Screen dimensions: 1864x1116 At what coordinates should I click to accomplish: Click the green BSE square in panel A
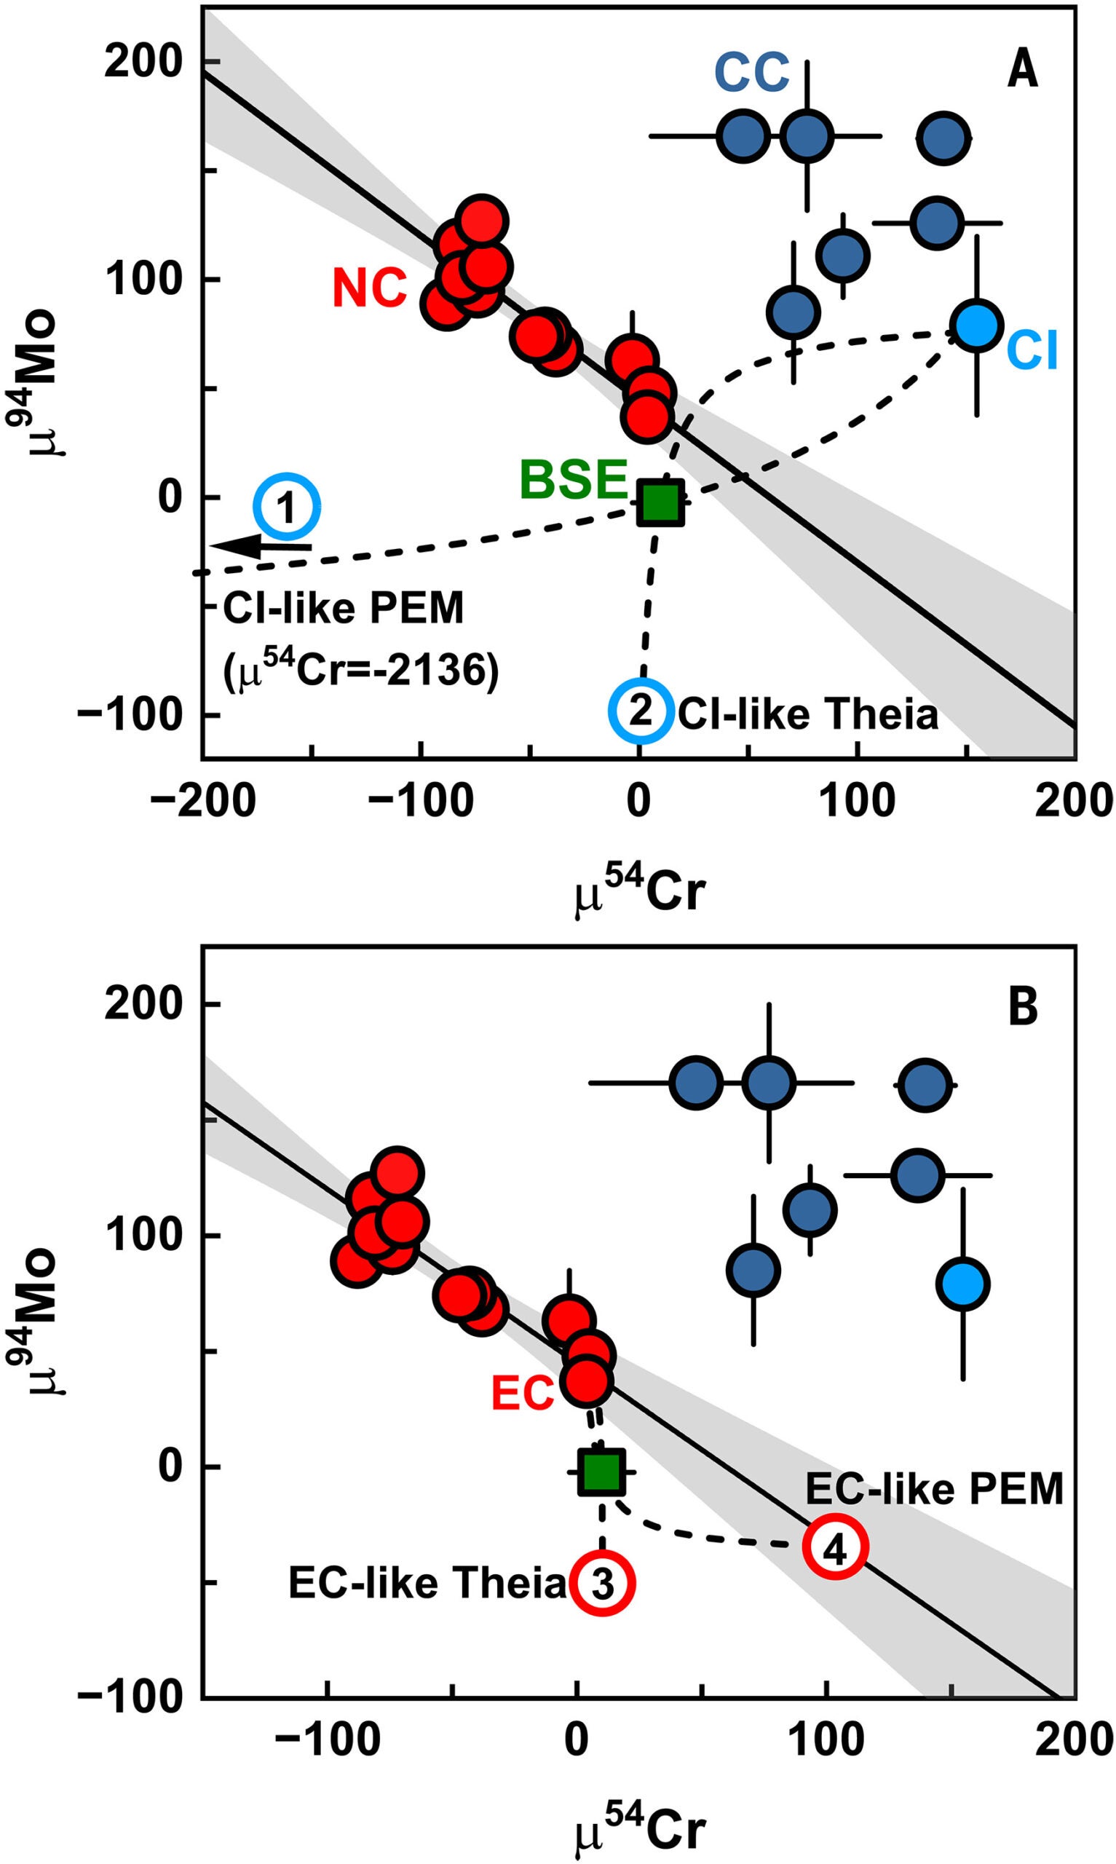click(661, 502)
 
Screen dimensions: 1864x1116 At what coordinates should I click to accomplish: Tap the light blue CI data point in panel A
click(976, 325)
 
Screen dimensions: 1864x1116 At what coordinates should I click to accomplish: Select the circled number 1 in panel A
click(287, 508)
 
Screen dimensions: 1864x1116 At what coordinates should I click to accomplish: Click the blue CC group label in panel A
click(751, 73)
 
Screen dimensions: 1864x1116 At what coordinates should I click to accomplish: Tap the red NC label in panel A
click(369, 289)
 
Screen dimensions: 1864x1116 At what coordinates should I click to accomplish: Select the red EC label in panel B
click(523, 1394)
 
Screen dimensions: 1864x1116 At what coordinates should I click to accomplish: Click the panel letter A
click(1022, 71)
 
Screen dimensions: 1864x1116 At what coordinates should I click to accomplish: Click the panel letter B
click(1023, 1008)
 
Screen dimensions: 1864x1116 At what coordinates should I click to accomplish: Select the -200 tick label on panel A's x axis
click(203, 802)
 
